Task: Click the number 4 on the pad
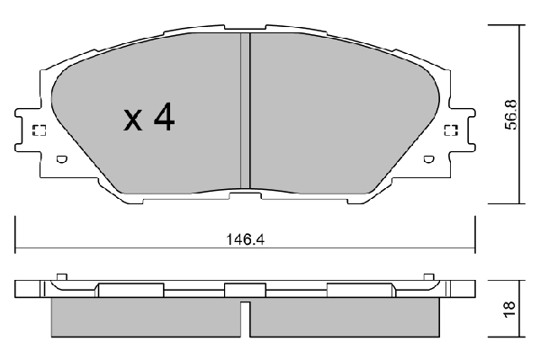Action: pos(162,119)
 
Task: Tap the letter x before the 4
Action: pos(132,121)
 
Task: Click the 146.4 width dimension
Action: pos(245,240)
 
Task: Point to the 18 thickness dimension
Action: pos(508,308)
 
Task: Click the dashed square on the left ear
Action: pos(38,131)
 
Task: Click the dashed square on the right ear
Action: pos(452,131)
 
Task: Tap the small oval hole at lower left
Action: pos(61,160)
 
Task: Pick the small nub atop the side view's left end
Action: pos(61,276)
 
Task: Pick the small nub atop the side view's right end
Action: pos(429,276)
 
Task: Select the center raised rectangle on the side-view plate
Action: pos(239,290)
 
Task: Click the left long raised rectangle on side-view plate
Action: pos(131,290)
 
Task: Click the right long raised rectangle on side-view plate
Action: pos(359,290)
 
